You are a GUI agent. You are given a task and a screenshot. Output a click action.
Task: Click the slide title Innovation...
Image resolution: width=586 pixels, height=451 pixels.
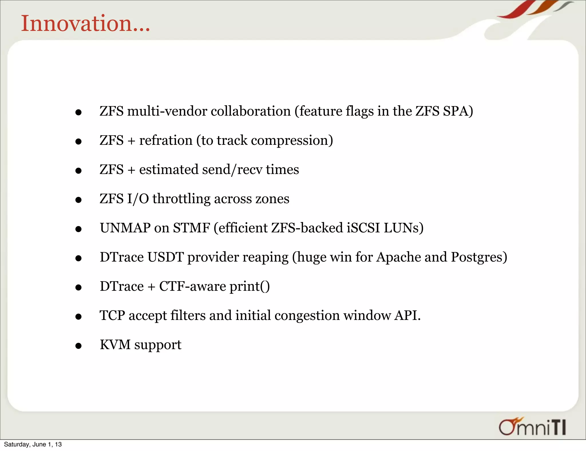click(x=85, y=23)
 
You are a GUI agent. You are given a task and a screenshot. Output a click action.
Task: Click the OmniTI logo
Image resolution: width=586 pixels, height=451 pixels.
click(x=532, y=427)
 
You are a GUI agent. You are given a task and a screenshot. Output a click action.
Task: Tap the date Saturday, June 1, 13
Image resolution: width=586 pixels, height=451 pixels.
click(x=33, y=444)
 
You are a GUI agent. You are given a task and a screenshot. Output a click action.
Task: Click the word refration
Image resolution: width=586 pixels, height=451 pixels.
click(x=166, y=141)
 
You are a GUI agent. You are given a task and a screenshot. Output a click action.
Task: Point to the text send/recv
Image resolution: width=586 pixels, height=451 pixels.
click(x=232, y=170)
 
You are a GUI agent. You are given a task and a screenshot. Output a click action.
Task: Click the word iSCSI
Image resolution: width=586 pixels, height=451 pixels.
click(x=363, y=228)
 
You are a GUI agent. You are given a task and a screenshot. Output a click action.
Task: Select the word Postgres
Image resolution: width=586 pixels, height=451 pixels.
click(x=477, y=257)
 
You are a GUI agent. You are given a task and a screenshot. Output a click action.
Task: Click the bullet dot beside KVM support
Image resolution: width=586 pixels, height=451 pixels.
click(x=78, y=346)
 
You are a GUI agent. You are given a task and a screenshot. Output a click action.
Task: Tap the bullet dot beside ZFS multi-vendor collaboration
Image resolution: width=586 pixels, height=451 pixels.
click(x=78, y=112)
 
